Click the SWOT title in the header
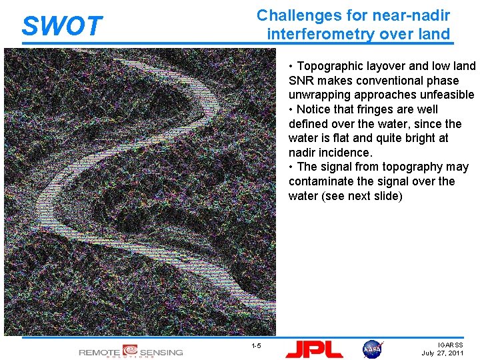(62, 26)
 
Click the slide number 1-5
(256, 345)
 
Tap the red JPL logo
(314, 349)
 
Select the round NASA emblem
(373, 349)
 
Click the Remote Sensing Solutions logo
(131, 351)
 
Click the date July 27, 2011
(443, 353)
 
